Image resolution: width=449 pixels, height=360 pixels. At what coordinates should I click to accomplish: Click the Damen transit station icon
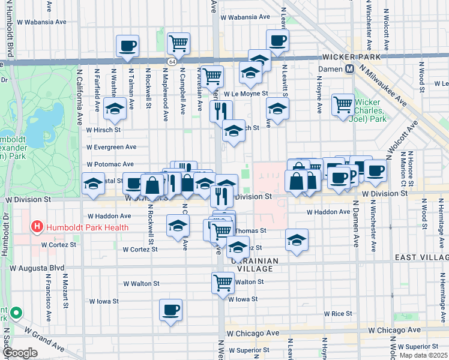[x=349, y=70]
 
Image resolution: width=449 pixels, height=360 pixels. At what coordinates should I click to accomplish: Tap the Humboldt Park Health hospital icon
[x=37, y=227]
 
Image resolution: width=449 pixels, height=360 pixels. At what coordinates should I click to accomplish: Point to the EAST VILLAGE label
[x=421, y=257]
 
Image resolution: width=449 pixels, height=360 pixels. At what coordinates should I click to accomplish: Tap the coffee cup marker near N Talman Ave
[x=127, y=45]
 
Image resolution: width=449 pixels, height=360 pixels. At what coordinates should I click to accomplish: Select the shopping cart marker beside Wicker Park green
[x=343, y=104]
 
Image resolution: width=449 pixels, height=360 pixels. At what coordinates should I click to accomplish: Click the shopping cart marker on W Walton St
[x=223, y=281]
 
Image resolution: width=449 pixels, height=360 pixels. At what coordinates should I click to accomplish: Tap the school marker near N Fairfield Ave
[x=114, y=109]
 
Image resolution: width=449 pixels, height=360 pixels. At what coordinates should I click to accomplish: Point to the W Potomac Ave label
[x=110, y=164]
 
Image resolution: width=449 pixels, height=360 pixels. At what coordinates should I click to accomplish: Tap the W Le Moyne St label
[x=246, y=94]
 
